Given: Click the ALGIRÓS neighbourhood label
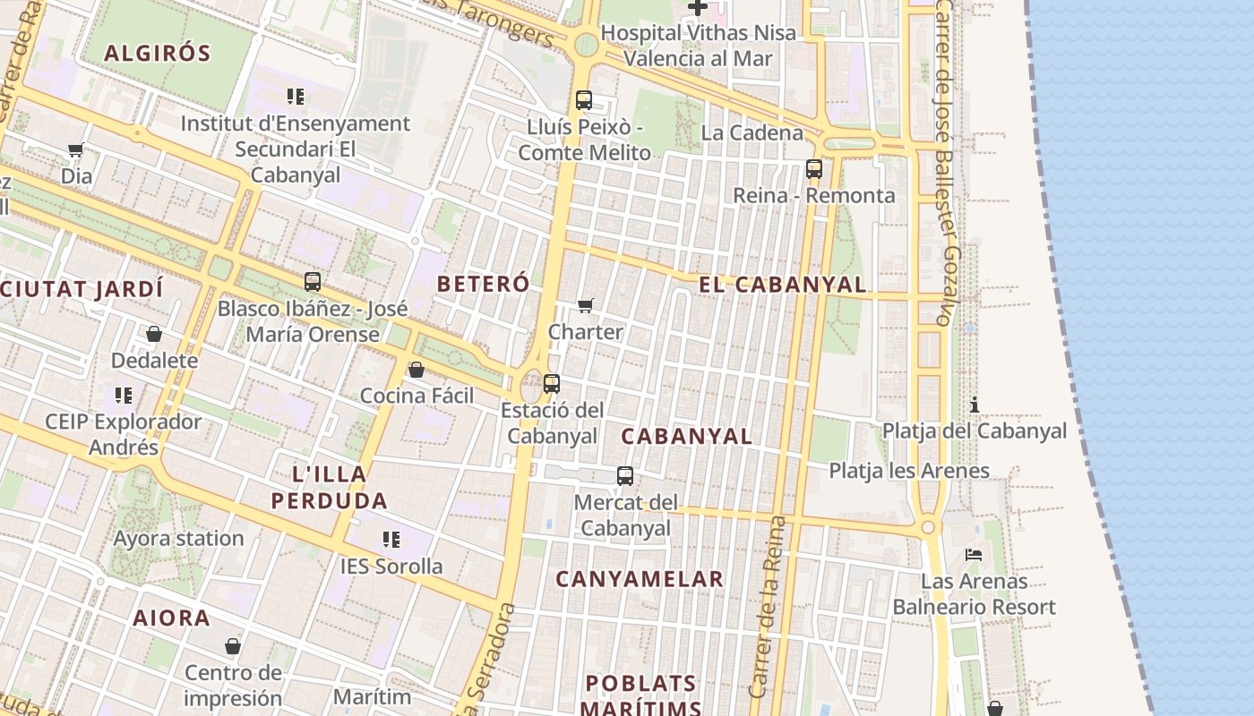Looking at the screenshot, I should (157, 53).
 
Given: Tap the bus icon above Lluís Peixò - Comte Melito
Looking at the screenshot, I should (584, 100).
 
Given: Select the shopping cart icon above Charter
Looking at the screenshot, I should (586, 306).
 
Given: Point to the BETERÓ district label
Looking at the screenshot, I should (483, 284).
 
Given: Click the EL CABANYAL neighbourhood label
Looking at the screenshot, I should (782, 285).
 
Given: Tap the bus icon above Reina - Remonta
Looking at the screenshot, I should (814, 168).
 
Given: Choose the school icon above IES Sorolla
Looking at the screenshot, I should (391, 540).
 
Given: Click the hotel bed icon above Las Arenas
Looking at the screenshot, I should (974, 555).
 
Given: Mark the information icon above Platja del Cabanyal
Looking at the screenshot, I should (975, 405).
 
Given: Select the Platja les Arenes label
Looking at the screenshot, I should (908, 470).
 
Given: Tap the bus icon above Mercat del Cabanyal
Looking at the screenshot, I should (625, 476).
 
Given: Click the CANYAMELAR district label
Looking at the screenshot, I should (640, 579).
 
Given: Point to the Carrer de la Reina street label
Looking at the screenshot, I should (767, 607).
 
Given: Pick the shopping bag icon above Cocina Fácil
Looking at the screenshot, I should (416, 370).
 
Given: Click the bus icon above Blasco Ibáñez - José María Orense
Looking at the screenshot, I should (313, 282).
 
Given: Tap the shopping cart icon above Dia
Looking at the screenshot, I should (76, 150).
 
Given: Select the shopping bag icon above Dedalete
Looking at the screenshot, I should (154, 335).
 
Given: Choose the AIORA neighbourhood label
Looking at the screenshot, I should (172, 618).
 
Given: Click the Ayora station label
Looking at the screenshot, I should (178, 538).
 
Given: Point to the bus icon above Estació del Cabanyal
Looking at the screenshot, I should (552, 384).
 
